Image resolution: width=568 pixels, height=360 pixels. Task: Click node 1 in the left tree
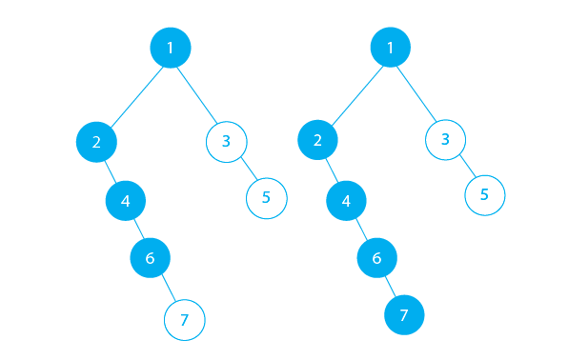(x=171, y=47)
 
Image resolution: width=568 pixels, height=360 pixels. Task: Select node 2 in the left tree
(x=96, y=142)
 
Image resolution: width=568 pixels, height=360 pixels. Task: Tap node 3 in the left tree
(x=226, y=142)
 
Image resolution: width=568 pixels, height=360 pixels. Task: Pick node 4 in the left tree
(x=126, y=200)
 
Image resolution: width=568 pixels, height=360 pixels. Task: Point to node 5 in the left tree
(x=266, y=197)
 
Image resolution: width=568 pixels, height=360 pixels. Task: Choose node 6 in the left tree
(x=150, y=257)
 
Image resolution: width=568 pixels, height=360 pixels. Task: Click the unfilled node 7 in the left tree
(x=185, y=320)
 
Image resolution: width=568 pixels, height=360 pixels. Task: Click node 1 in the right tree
(x=390, y=47)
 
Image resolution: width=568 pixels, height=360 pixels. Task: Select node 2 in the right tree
(x=317, y=142)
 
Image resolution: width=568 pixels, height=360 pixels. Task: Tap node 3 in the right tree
(x=445, y=140)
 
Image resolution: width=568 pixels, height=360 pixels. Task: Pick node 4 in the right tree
(x=346, y=201)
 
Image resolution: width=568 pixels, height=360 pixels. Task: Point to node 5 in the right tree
(x=484, y=194)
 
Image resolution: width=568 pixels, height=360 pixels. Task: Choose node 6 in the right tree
(x=376, y=258)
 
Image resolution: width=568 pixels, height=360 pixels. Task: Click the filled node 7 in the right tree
(x=403, y=314)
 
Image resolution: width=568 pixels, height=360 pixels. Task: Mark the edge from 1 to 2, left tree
(x=133, y=94)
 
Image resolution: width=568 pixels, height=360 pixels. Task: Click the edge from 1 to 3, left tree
(x=198, y=93)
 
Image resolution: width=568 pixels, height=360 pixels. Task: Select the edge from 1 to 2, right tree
(x=354, y=94)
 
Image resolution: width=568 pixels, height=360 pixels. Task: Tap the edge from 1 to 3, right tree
(x=417, y=93)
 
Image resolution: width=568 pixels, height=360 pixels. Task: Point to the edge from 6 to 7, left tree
(x=168, y=289)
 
